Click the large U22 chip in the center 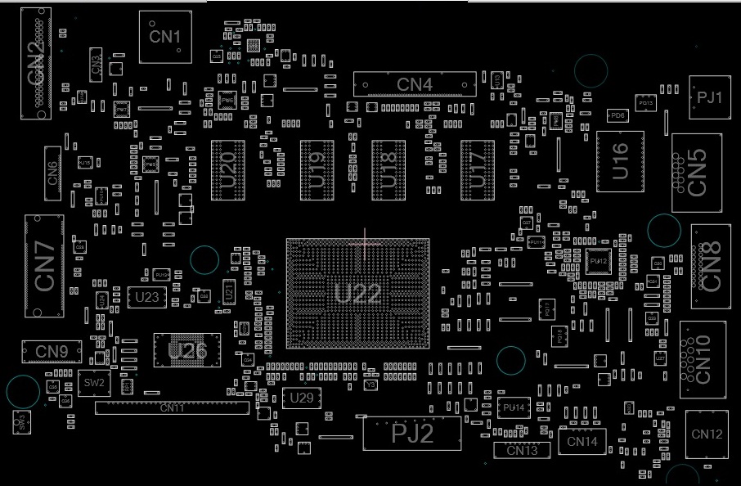357,293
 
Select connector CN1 165,37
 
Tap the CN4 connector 415,83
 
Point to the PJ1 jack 709,97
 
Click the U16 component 620,161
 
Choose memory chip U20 228,170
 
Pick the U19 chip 317,170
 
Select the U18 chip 388,170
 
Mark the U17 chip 478,170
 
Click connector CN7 44,266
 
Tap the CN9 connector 52,352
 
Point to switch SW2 94,382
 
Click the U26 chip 187,350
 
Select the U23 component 147,297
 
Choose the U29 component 302,398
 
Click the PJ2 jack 412,433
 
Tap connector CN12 707,434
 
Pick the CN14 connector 582,441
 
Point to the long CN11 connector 172,407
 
